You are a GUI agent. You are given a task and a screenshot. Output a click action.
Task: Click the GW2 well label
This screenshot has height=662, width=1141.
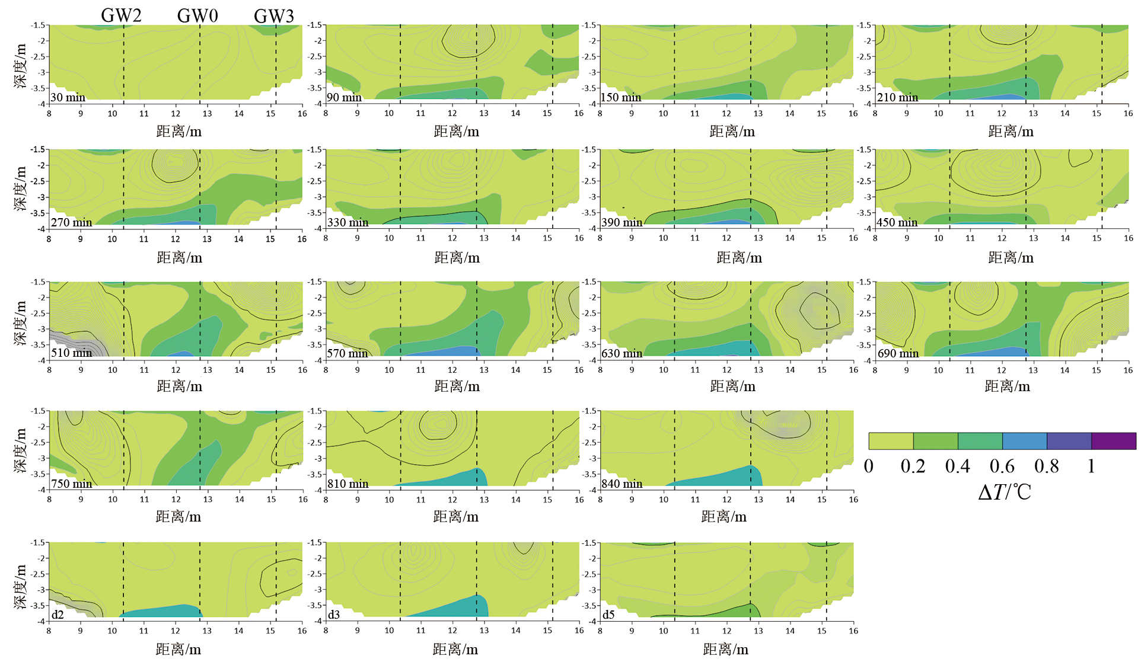(x=121, y=15)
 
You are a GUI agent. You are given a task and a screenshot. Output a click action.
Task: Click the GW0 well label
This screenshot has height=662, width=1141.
(x=197, y=15)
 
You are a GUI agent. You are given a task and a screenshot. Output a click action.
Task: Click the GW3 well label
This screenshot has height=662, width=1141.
(x=273, y=16)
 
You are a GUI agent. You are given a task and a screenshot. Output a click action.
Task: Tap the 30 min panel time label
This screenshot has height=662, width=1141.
(x=68, y=97)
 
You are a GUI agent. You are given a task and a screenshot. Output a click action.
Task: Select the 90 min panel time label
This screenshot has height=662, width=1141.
(x=345, y=97)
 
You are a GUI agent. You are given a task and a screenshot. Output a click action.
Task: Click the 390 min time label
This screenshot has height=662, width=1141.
(x=622, y=222)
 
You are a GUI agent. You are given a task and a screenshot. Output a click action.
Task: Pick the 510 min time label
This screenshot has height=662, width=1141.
(x=72, y=353)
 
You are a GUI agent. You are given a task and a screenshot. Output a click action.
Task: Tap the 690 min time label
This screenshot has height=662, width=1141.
(x=898, y=353)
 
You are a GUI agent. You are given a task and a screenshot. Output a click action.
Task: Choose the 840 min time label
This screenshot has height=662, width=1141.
(x=622, y=484)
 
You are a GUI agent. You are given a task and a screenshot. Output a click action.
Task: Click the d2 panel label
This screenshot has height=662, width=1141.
(x=58, y=615)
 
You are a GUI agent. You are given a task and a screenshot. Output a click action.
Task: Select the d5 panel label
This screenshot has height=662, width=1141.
(x=609, y=615)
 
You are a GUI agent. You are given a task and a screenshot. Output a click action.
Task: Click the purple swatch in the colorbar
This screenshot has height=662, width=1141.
(x=1114, y=441)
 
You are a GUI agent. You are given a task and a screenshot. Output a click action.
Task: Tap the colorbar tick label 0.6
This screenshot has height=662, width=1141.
(x=1002, y=466)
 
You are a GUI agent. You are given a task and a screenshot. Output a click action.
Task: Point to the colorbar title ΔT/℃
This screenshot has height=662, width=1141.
(x=1005, y=492)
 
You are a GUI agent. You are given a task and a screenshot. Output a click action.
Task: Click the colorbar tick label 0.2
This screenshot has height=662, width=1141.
(x=913, y=466)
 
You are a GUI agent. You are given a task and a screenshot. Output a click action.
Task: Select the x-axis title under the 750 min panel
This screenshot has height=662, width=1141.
(x=179, y=517)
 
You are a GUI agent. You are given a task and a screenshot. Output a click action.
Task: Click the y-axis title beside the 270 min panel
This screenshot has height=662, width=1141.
(x=21, y=188)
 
